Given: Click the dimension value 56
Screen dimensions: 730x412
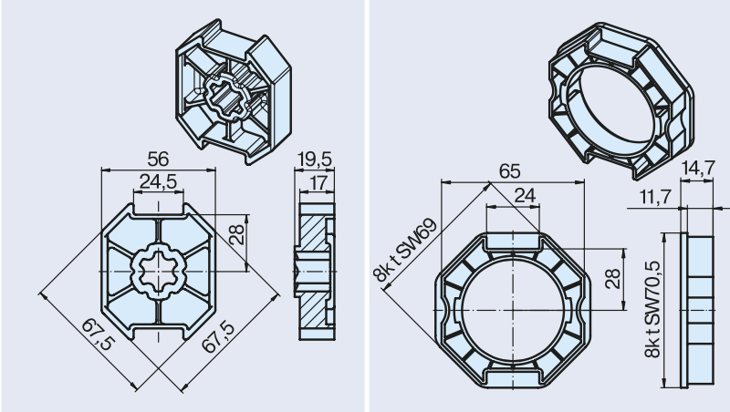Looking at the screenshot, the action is (x=158, y=160).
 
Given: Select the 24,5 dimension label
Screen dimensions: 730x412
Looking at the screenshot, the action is (x=158, y=181).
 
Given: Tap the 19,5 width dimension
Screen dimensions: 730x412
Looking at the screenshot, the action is (x=315, y=160).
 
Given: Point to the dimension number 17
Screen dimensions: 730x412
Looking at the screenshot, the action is (x=318, y=183).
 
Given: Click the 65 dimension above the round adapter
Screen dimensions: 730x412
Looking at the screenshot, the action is (x=509, y=171).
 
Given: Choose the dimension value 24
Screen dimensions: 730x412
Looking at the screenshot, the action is (x=525, y=196).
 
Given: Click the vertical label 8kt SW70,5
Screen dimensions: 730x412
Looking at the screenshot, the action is (x=652, y=309).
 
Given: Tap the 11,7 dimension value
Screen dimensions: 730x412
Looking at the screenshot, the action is (x=655, y=197).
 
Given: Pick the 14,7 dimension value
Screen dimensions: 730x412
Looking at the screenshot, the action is (x=697, y=168).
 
